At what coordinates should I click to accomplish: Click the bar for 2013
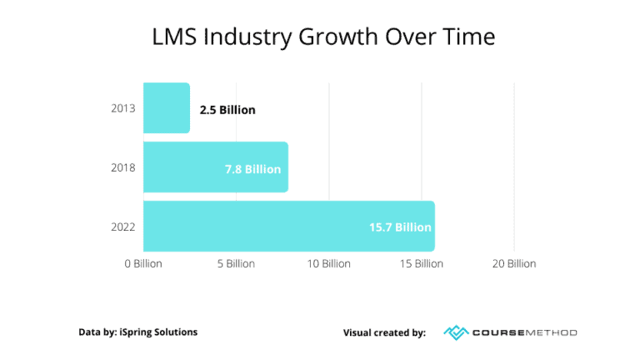click(x=167, y=108)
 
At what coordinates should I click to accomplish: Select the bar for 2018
click(x=215, y=167)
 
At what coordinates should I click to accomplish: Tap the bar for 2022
click(x=288, y=226)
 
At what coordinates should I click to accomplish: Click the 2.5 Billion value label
click(x=227, y=109)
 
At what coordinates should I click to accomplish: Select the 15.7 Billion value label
click(x=400, y=227)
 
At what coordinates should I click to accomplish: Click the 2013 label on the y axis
click(x=122, y=109)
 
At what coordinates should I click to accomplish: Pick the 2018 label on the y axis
click(x=122, y=167)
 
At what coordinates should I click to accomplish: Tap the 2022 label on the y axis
click(x=122, y=227)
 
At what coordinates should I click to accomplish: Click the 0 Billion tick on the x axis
click(x=143, y=264)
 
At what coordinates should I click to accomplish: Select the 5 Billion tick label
click(x=236, y=264)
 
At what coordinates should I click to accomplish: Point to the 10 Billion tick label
click(x=328, y=264)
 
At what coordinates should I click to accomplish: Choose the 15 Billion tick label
click(x=421, y=264)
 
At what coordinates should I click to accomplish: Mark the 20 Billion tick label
click(x=513, y=264)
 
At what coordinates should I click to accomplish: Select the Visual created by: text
click(x=384, y=332)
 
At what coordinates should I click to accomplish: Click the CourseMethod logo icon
click(x=457, y=332)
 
